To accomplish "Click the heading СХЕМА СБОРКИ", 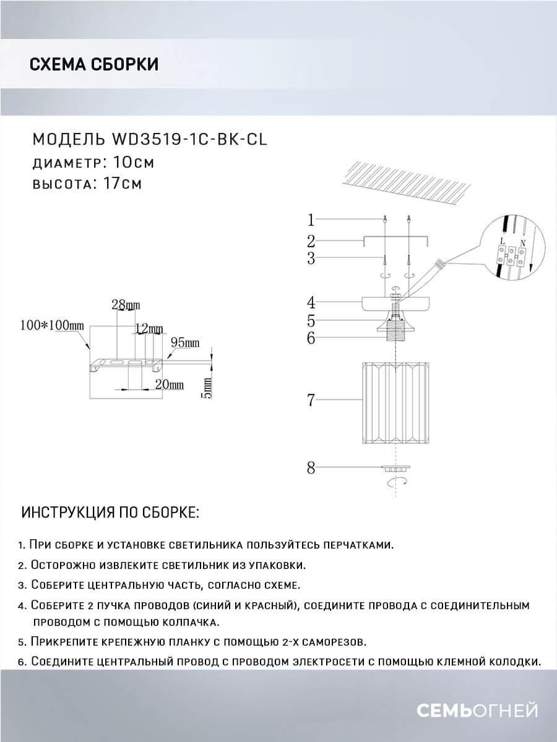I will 94,64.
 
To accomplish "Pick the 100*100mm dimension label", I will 51,325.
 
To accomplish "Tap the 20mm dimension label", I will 170,385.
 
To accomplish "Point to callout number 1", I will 311,220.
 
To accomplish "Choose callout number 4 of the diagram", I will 311,302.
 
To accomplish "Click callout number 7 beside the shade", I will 311,401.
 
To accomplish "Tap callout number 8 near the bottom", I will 311,468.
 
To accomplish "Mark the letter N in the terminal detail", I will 523,243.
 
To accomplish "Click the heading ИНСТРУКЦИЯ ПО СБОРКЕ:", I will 110,513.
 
